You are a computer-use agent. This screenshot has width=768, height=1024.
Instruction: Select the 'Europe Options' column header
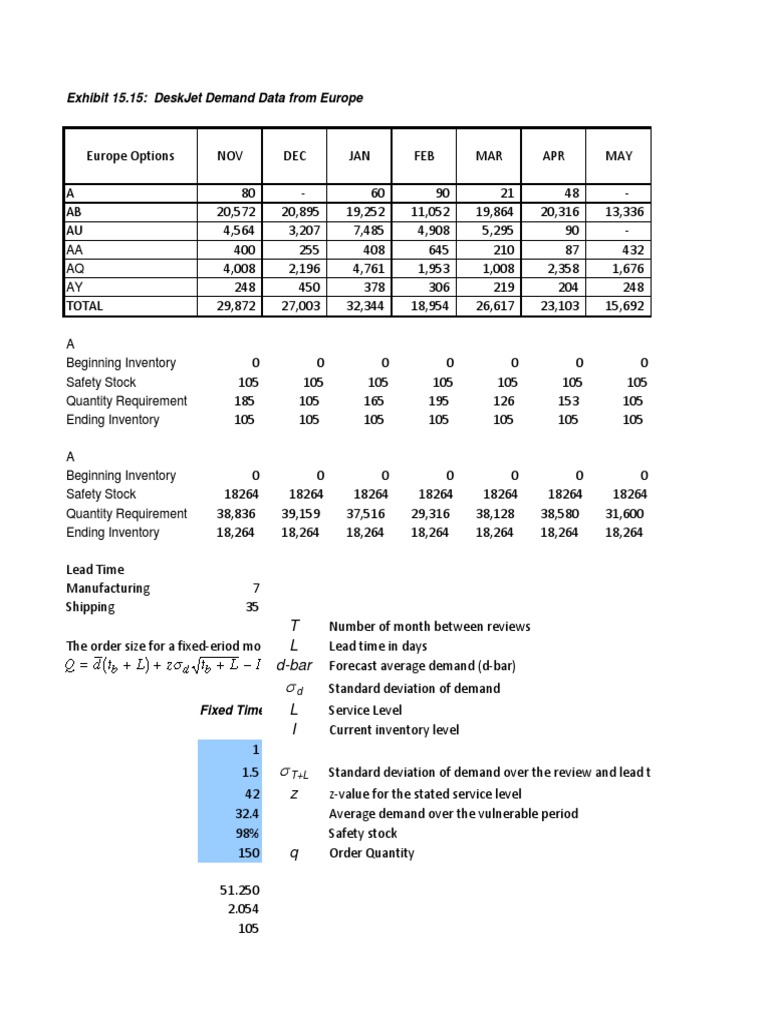coord(130,156)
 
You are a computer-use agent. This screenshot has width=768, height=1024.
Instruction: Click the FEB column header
coord(424,156)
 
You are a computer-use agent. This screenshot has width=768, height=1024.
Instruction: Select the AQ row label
coord(75,268)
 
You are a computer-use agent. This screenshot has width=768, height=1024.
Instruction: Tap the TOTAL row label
coord(85,306)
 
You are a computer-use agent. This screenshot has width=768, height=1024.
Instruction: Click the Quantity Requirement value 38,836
coord(235,514)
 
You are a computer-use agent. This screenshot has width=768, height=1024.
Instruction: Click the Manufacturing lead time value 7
coord(254,589)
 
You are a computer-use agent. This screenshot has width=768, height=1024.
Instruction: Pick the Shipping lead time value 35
coord(251,607)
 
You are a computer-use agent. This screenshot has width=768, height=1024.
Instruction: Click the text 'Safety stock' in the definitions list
coord(362,834)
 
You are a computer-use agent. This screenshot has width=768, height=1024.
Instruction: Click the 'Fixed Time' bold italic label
coord(231,710)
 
